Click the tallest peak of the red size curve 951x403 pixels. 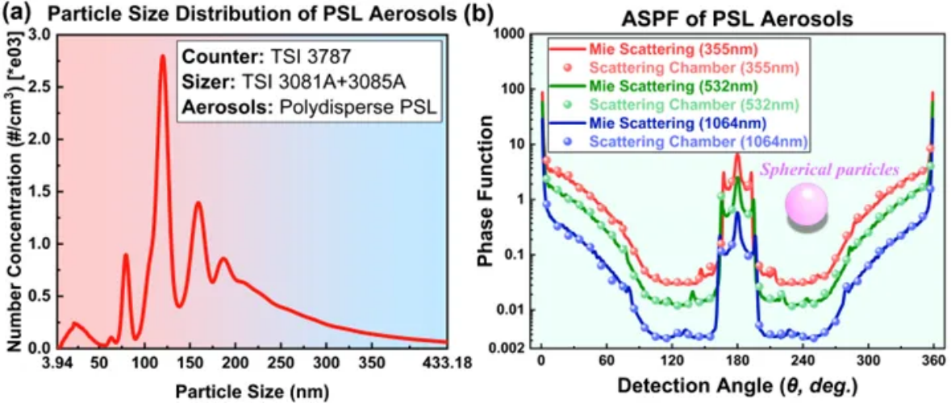pos(162,56)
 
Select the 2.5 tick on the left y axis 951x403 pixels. pos(40,86)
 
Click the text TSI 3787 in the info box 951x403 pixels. pos(272,58)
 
